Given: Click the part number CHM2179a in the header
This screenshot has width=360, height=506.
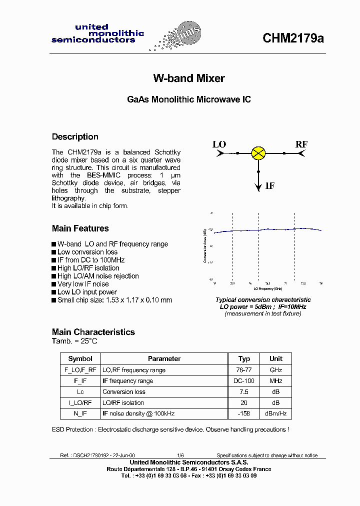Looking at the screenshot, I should [x=293, y=38].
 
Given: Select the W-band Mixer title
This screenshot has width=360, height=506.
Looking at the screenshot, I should [x=188, y=78].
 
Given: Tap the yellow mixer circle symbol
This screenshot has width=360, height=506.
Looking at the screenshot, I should [x=258, y=153].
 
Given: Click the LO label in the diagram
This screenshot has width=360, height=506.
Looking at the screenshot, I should [x=219, y=144].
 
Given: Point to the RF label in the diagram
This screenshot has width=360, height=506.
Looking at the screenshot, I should [x=301, y=144].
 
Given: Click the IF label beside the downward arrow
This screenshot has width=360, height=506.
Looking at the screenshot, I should [x=270, y=186].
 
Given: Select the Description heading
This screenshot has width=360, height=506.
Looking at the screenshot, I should [x=75, y=137].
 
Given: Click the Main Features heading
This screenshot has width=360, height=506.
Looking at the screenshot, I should [x=80, y=228].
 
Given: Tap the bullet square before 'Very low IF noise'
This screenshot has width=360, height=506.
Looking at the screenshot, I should [x=54, y=284].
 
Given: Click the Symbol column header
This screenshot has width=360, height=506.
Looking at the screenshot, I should [x=80, y=359].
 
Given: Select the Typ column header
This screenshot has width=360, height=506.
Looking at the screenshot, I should [x=244, y=359].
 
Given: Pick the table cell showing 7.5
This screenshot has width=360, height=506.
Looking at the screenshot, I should [x=244, y=392].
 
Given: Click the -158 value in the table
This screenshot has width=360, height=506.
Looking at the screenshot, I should [x=244, y=413].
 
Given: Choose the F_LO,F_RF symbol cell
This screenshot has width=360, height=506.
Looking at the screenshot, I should [x=80, y=370].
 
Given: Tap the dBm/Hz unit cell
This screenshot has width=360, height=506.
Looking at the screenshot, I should [x=276, y=413].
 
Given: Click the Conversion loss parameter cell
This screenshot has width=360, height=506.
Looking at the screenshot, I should [x=124, y=392].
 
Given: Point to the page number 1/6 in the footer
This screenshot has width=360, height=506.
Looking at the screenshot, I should [x=180, y=455].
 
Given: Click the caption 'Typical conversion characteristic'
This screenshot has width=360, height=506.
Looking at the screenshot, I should [x=263, y=300].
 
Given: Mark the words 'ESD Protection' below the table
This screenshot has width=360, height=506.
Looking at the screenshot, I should [x=72, y=429].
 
